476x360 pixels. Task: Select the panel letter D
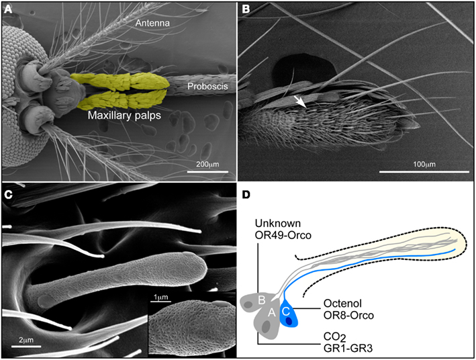tap(246, 195)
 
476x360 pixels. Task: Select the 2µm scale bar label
tap(26, 341)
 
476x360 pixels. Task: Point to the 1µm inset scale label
tap(159, 298)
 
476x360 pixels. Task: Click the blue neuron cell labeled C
tap(288, 316)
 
